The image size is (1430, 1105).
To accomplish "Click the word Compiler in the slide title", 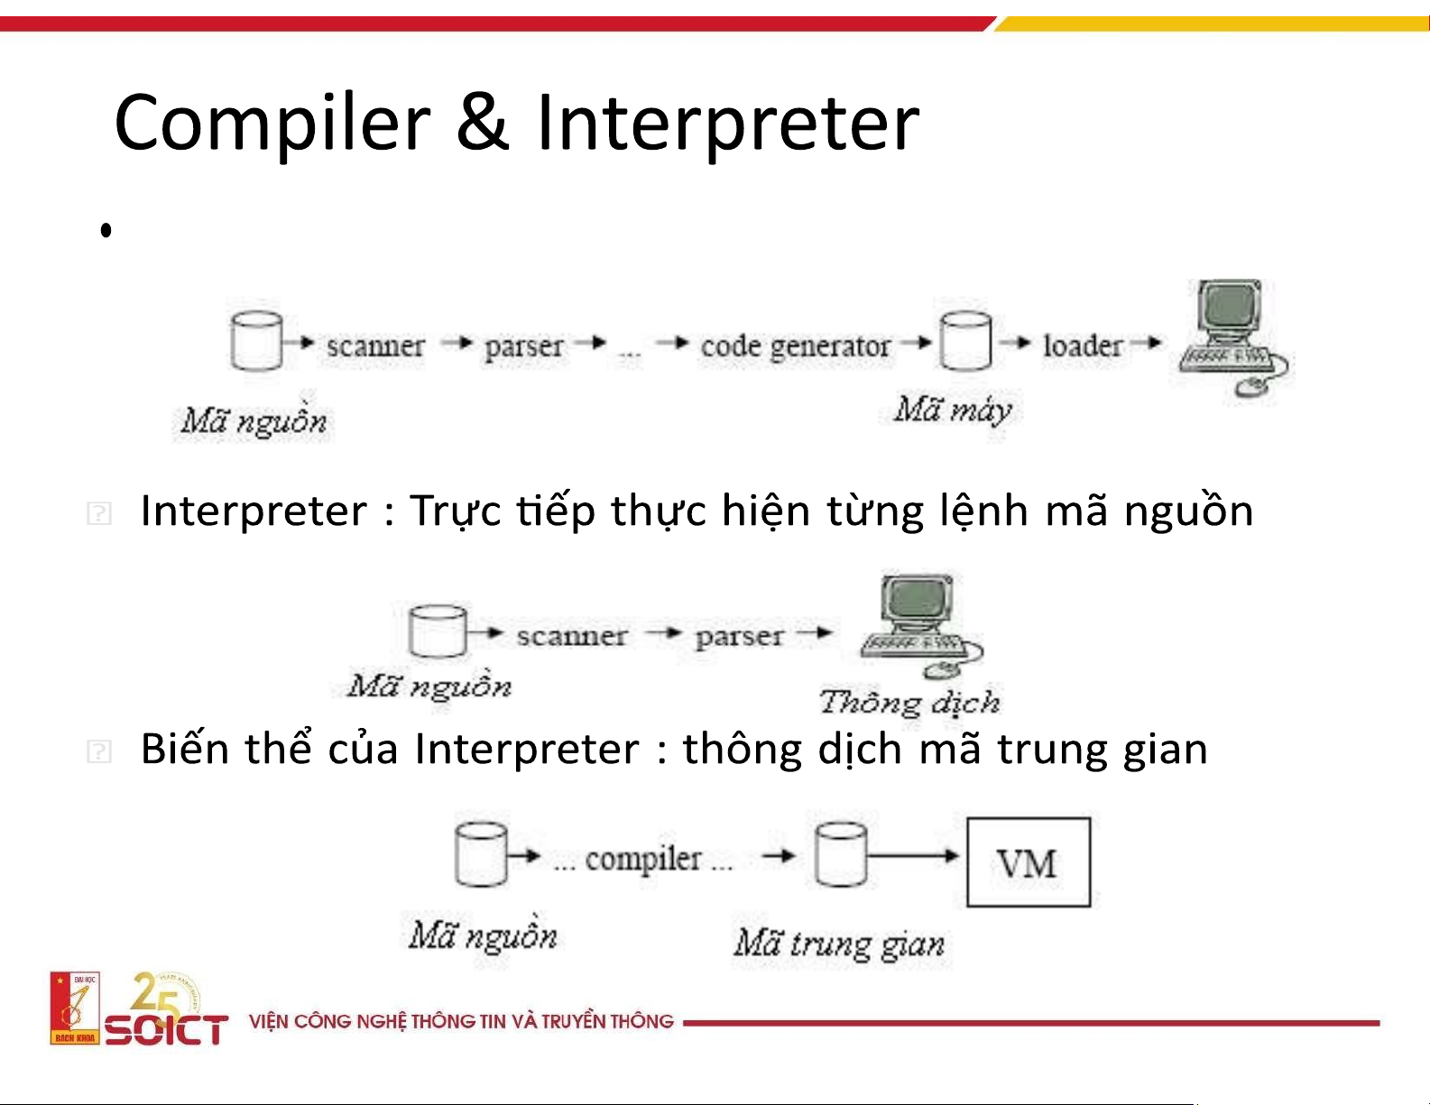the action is click(x=272, y=124).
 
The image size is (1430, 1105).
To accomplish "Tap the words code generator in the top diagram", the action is click(x=795, y=346).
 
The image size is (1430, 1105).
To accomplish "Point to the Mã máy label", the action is click(x=952, y=410).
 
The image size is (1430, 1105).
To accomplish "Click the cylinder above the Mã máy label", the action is click(x=965, y=341).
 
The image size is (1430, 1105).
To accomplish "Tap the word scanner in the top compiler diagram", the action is click(x=375, y=346).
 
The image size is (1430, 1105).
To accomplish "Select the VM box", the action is click(x=1028, y=862).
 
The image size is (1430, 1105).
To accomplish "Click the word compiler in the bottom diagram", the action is click(x=643, y=860).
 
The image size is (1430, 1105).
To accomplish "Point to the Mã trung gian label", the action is click(x=840, y=944).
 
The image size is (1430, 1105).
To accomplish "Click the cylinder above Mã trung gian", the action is click(x=840, y=855).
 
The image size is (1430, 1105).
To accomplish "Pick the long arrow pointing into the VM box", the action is click(x=913, y=856).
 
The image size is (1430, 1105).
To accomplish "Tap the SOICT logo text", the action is click(x=167, y=1029).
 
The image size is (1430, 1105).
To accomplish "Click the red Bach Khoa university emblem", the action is click(x=75, y=1008).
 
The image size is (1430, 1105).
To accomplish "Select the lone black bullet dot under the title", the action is click(x=106, y=230).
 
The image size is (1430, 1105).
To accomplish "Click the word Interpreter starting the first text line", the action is click(x=254, y=511).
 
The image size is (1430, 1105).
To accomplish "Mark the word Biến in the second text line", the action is click(x=184, y=748).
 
